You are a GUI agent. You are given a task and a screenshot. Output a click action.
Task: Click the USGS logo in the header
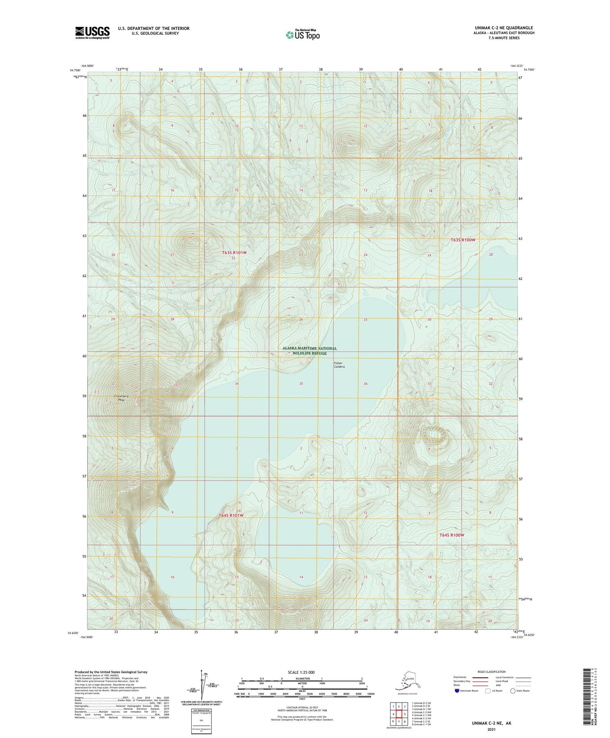coord(92,33)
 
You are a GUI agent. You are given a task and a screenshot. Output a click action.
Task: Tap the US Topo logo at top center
coord(302,35)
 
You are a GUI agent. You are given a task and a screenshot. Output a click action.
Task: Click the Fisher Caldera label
coord(339,365)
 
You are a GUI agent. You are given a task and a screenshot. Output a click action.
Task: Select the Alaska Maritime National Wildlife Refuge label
coord(309,350)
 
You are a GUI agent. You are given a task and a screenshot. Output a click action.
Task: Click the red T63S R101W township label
coord(234,253)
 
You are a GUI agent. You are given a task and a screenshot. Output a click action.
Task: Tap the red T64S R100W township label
coord(452,535)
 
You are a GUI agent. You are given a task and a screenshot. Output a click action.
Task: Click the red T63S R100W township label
coord(463,240)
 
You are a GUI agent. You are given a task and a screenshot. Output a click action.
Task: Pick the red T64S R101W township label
coord(231,516)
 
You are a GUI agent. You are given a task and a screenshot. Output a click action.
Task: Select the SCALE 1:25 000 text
coord(301,672)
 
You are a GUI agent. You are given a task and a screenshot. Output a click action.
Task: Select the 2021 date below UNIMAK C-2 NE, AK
coord(491,730)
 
